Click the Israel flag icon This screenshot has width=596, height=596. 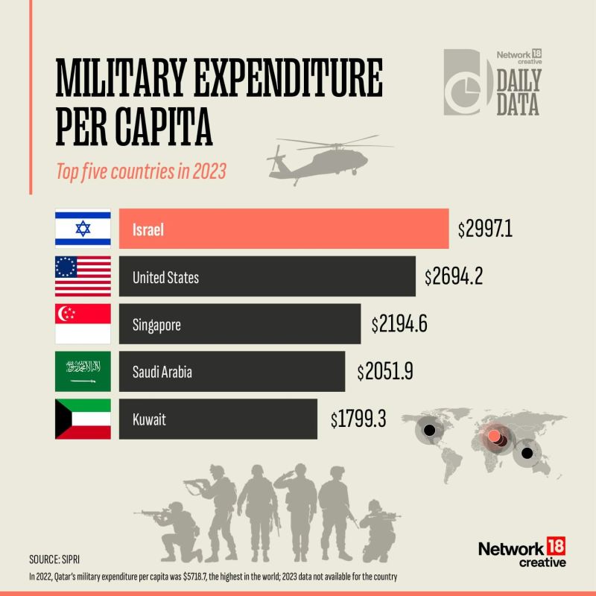83,229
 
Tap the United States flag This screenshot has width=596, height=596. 83,276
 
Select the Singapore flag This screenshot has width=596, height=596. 83,323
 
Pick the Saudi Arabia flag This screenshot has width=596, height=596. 83,371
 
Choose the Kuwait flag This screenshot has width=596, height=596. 83,419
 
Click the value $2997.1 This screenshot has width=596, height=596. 486,229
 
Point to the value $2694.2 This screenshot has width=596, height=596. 454,277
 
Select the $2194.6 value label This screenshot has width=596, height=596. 400,324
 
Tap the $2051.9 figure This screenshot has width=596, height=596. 384,371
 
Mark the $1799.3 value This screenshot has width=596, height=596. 358,419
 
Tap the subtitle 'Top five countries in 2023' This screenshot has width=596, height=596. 142,171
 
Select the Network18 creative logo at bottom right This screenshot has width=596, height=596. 521,554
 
